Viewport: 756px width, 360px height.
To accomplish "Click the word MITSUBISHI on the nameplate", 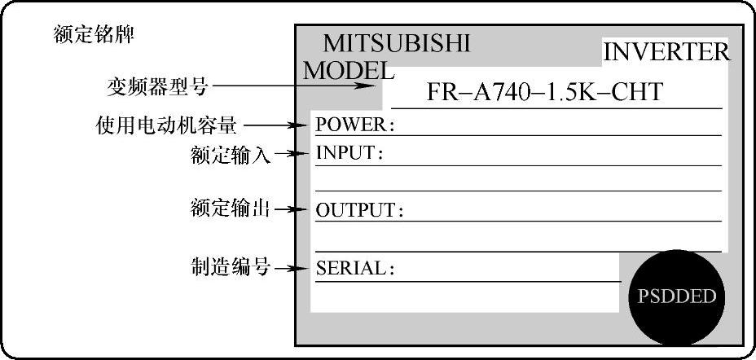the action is pos(397,43).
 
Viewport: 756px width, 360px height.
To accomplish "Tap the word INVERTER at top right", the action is pos(666,53).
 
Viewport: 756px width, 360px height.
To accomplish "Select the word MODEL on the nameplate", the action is pos(349,71).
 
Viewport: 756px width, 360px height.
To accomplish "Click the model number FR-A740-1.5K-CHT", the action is pos(544,92).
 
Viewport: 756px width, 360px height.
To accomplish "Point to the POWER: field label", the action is pos(354,125).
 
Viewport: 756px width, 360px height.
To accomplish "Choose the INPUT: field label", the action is pos(349,153).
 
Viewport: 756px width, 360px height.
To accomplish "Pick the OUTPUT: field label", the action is pos(359,210).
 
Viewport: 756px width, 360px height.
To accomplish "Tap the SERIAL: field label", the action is pos(354,268).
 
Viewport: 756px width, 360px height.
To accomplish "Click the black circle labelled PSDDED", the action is pos(675,296).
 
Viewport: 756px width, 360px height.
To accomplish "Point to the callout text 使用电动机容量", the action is pos(166,125).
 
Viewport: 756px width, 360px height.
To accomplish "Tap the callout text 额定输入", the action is pos(230,154).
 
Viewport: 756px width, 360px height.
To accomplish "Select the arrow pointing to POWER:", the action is pos(277,125).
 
